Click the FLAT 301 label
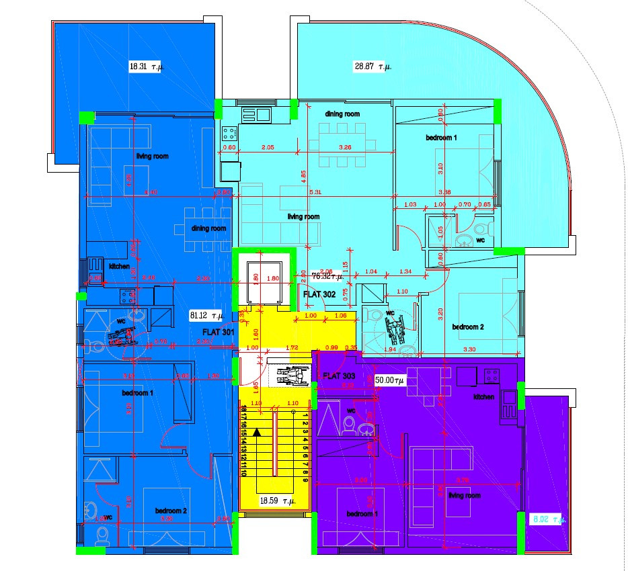click(x=219, y=332)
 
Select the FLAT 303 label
click(x=339, y=376)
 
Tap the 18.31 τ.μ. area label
click(x=147, y=66)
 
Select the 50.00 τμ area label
click(x=389, y=380)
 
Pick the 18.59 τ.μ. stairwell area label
click(x=278, y=500)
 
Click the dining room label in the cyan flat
click(x=342, y=114)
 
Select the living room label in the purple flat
click(x=465, y=495)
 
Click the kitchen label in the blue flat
click(x=120, y=266)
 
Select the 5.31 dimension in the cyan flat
click(x=315, y=193)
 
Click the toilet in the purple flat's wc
click(x=348, y=424)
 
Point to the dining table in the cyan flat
click(x=342, y=145)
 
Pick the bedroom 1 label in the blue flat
click(x=137, y=393)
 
